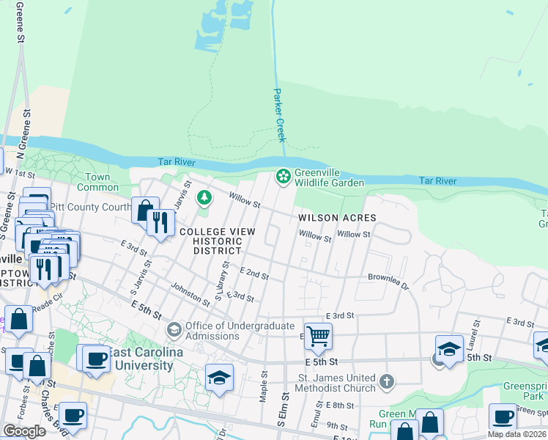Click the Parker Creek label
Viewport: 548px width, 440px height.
[x=279, y=115]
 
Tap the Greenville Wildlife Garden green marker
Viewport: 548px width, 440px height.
[x=281, y=177]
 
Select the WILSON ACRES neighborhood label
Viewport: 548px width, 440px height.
[x=337, y=218]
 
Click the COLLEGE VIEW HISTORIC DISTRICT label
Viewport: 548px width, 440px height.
[x=218, y=241]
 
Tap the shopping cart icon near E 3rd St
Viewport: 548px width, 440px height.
[x=318, y=337]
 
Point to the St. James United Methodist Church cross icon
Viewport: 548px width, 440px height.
[x=388, y=381]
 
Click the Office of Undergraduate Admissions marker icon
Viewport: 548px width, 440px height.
[x=174, y=330]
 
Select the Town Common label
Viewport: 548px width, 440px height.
[x=97, y=182]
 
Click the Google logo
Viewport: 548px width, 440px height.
[x=24, y=431]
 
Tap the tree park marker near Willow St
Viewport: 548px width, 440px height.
[x=204, y=197]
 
